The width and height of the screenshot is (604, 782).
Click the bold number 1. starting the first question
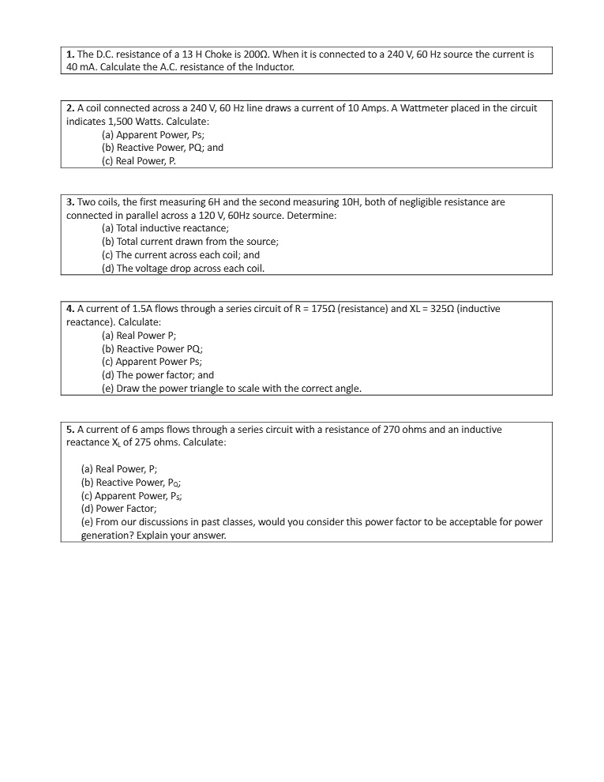coord(70,55)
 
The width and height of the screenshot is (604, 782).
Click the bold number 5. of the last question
coord(70,430)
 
